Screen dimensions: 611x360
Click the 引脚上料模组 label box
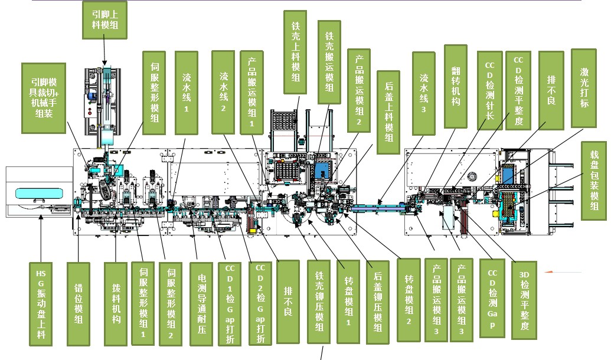[x=105, y=19]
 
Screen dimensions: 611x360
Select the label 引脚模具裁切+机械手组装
[x=44, y=98]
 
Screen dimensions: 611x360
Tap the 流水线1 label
[x=187, y=93]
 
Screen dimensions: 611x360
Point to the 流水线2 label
[x=223, y=92]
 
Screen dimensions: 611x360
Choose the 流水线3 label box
[x=424, y=93]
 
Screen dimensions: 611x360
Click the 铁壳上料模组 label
[x=295, y=52]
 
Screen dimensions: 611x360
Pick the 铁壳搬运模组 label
[x=329, y=63]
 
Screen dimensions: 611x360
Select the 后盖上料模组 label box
[x=388, y=112]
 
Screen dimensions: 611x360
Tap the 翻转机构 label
[x=456, y=87]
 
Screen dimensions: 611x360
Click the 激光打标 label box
[x=584, y=88]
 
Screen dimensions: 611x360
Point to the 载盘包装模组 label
[x=594, y=181]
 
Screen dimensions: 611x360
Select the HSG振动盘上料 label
[x=41, y=304]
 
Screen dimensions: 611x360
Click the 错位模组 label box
[x=79, y=304]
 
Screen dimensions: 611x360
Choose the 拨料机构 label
[x=116, y=304]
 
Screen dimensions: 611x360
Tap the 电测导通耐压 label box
[x=201, y=304]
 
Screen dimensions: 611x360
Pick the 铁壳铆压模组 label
[x=319, y=302]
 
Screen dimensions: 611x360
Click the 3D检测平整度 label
[x=524, y=300]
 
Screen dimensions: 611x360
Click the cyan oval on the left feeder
[x=39, y=194]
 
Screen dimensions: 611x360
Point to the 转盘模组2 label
[x=409, y=300]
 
